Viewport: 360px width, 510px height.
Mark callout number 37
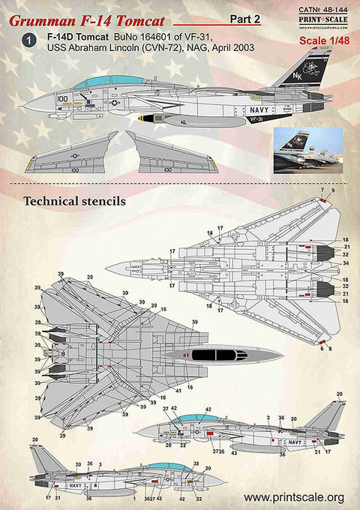pos(166,409)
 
